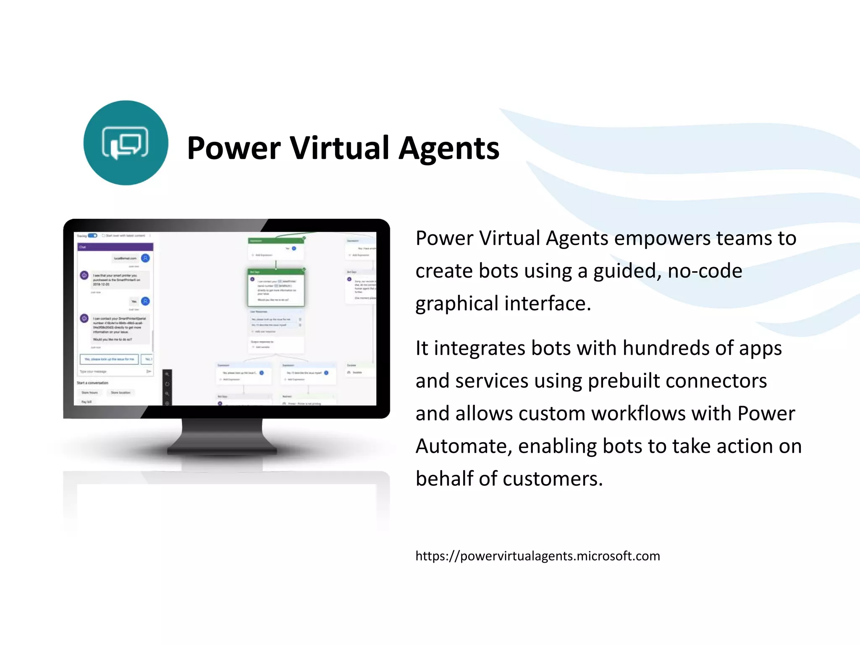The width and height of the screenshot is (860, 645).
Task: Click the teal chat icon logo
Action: (126, 143)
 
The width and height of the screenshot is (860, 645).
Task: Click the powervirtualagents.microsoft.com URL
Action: (537, 556)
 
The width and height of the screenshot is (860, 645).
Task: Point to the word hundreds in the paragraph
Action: (664, 348)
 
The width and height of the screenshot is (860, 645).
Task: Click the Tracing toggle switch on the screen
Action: (92, 236)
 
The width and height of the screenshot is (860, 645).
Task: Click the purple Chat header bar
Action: (115, 247)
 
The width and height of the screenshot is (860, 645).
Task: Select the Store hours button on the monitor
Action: (89, 393)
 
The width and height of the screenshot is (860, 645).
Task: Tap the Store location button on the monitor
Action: (121, 393)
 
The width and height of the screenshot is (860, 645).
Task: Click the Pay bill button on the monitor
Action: (87, 402)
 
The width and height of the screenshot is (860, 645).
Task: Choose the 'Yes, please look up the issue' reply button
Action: (109, 359)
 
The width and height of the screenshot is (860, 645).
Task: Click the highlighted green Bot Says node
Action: (276, 288)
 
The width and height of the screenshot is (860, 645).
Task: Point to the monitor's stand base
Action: (222, 451)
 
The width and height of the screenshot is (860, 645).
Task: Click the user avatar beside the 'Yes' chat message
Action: (145, 301)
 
